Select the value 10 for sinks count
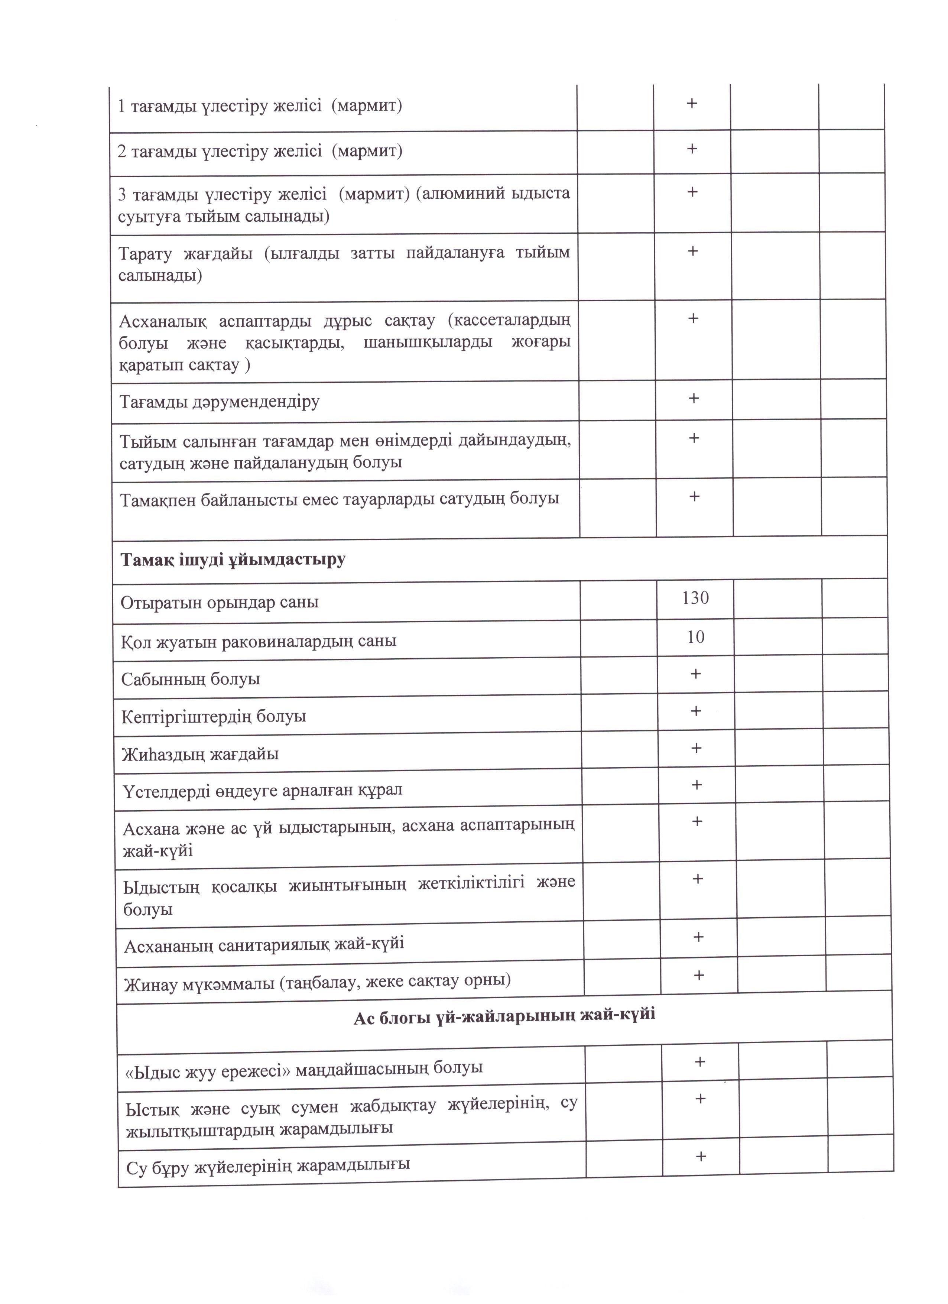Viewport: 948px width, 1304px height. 696,637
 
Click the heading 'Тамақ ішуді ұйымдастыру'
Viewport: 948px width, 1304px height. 233,559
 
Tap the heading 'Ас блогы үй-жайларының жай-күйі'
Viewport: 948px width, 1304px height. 504,1016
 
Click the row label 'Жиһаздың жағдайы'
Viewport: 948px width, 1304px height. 200,754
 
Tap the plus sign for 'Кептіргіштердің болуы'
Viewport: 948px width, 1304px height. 696,711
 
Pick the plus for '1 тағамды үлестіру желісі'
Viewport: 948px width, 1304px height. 692,104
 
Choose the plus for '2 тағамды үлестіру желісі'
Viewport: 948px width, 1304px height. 692,149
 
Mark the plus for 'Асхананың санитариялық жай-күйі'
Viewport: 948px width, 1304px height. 698,937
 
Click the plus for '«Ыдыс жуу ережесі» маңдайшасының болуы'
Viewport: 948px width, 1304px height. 699,1062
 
